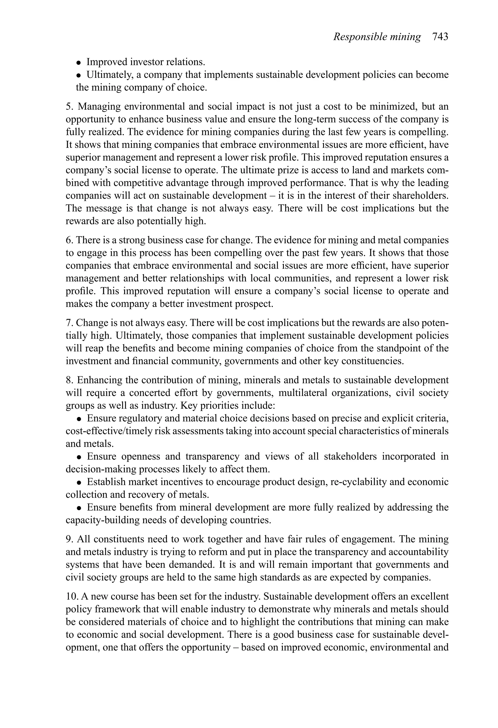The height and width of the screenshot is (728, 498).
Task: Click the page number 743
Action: tap(440, 37)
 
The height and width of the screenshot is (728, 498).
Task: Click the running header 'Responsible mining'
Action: tap(377, 37)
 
